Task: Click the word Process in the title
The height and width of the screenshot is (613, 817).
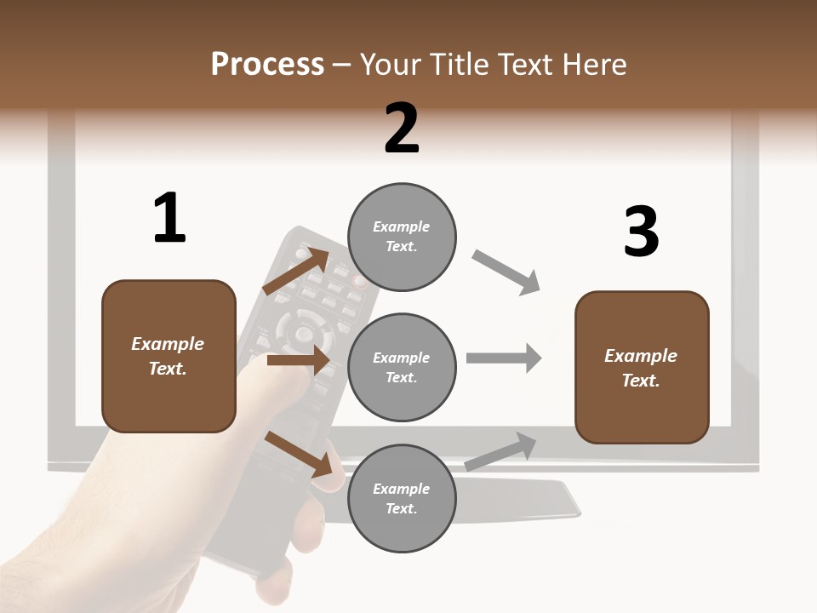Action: point(267,65)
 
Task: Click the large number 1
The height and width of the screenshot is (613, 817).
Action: point(169,219)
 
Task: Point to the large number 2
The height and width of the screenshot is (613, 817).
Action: point(402,129)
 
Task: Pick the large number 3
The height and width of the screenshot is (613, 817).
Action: point(641,232)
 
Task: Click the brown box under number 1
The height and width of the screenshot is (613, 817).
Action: point(169,356)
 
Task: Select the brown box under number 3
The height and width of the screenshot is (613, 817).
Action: point(642,368)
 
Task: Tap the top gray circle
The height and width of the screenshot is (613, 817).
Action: point(402,236)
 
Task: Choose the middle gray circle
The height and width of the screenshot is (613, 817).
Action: point(402,367)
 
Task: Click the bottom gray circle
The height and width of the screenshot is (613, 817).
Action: point(402,498)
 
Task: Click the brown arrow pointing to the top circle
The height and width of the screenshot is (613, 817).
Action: point(296,271)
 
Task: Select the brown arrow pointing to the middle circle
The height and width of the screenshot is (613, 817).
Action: point(298,360)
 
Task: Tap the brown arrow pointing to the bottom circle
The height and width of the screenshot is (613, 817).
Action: point(298,454)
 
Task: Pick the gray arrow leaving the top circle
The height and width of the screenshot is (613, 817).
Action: point(506,272)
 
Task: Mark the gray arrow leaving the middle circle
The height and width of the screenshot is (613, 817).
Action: point(504,358)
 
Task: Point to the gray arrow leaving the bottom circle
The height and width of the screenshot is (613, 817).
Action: point(500,452)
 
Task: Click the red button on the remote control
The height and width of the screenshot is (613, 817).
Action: point(361,280)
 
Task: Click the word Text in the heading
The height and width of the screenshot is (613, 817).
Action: point(528,65)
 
